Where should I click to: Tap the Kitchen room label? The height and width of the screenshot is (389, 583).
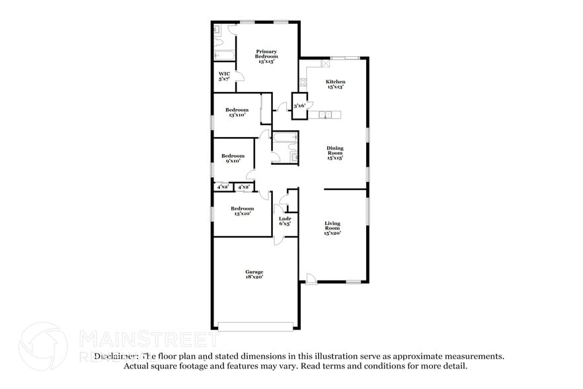336,84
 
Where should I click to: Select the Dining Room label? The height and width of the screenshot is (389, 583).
335,153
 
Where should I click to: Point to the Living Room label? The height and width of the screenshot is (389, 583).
332,228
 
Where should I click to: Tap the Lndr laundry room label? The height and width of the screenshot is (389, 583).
285,221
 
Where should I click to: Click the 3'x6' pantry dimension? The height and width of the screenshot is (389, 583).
299,106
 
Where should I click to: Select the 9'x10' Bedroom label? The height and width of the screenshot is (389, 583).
233,158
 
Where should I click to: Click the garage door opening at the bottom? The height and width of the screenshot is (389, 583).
255,325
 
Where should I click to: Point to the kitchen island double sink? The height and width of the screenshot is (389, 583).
326,115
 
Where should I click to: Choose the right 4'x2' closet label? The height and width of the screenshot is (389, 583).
243,187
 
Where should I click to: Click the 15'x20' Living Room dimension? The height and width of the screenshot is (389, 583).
332,233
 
